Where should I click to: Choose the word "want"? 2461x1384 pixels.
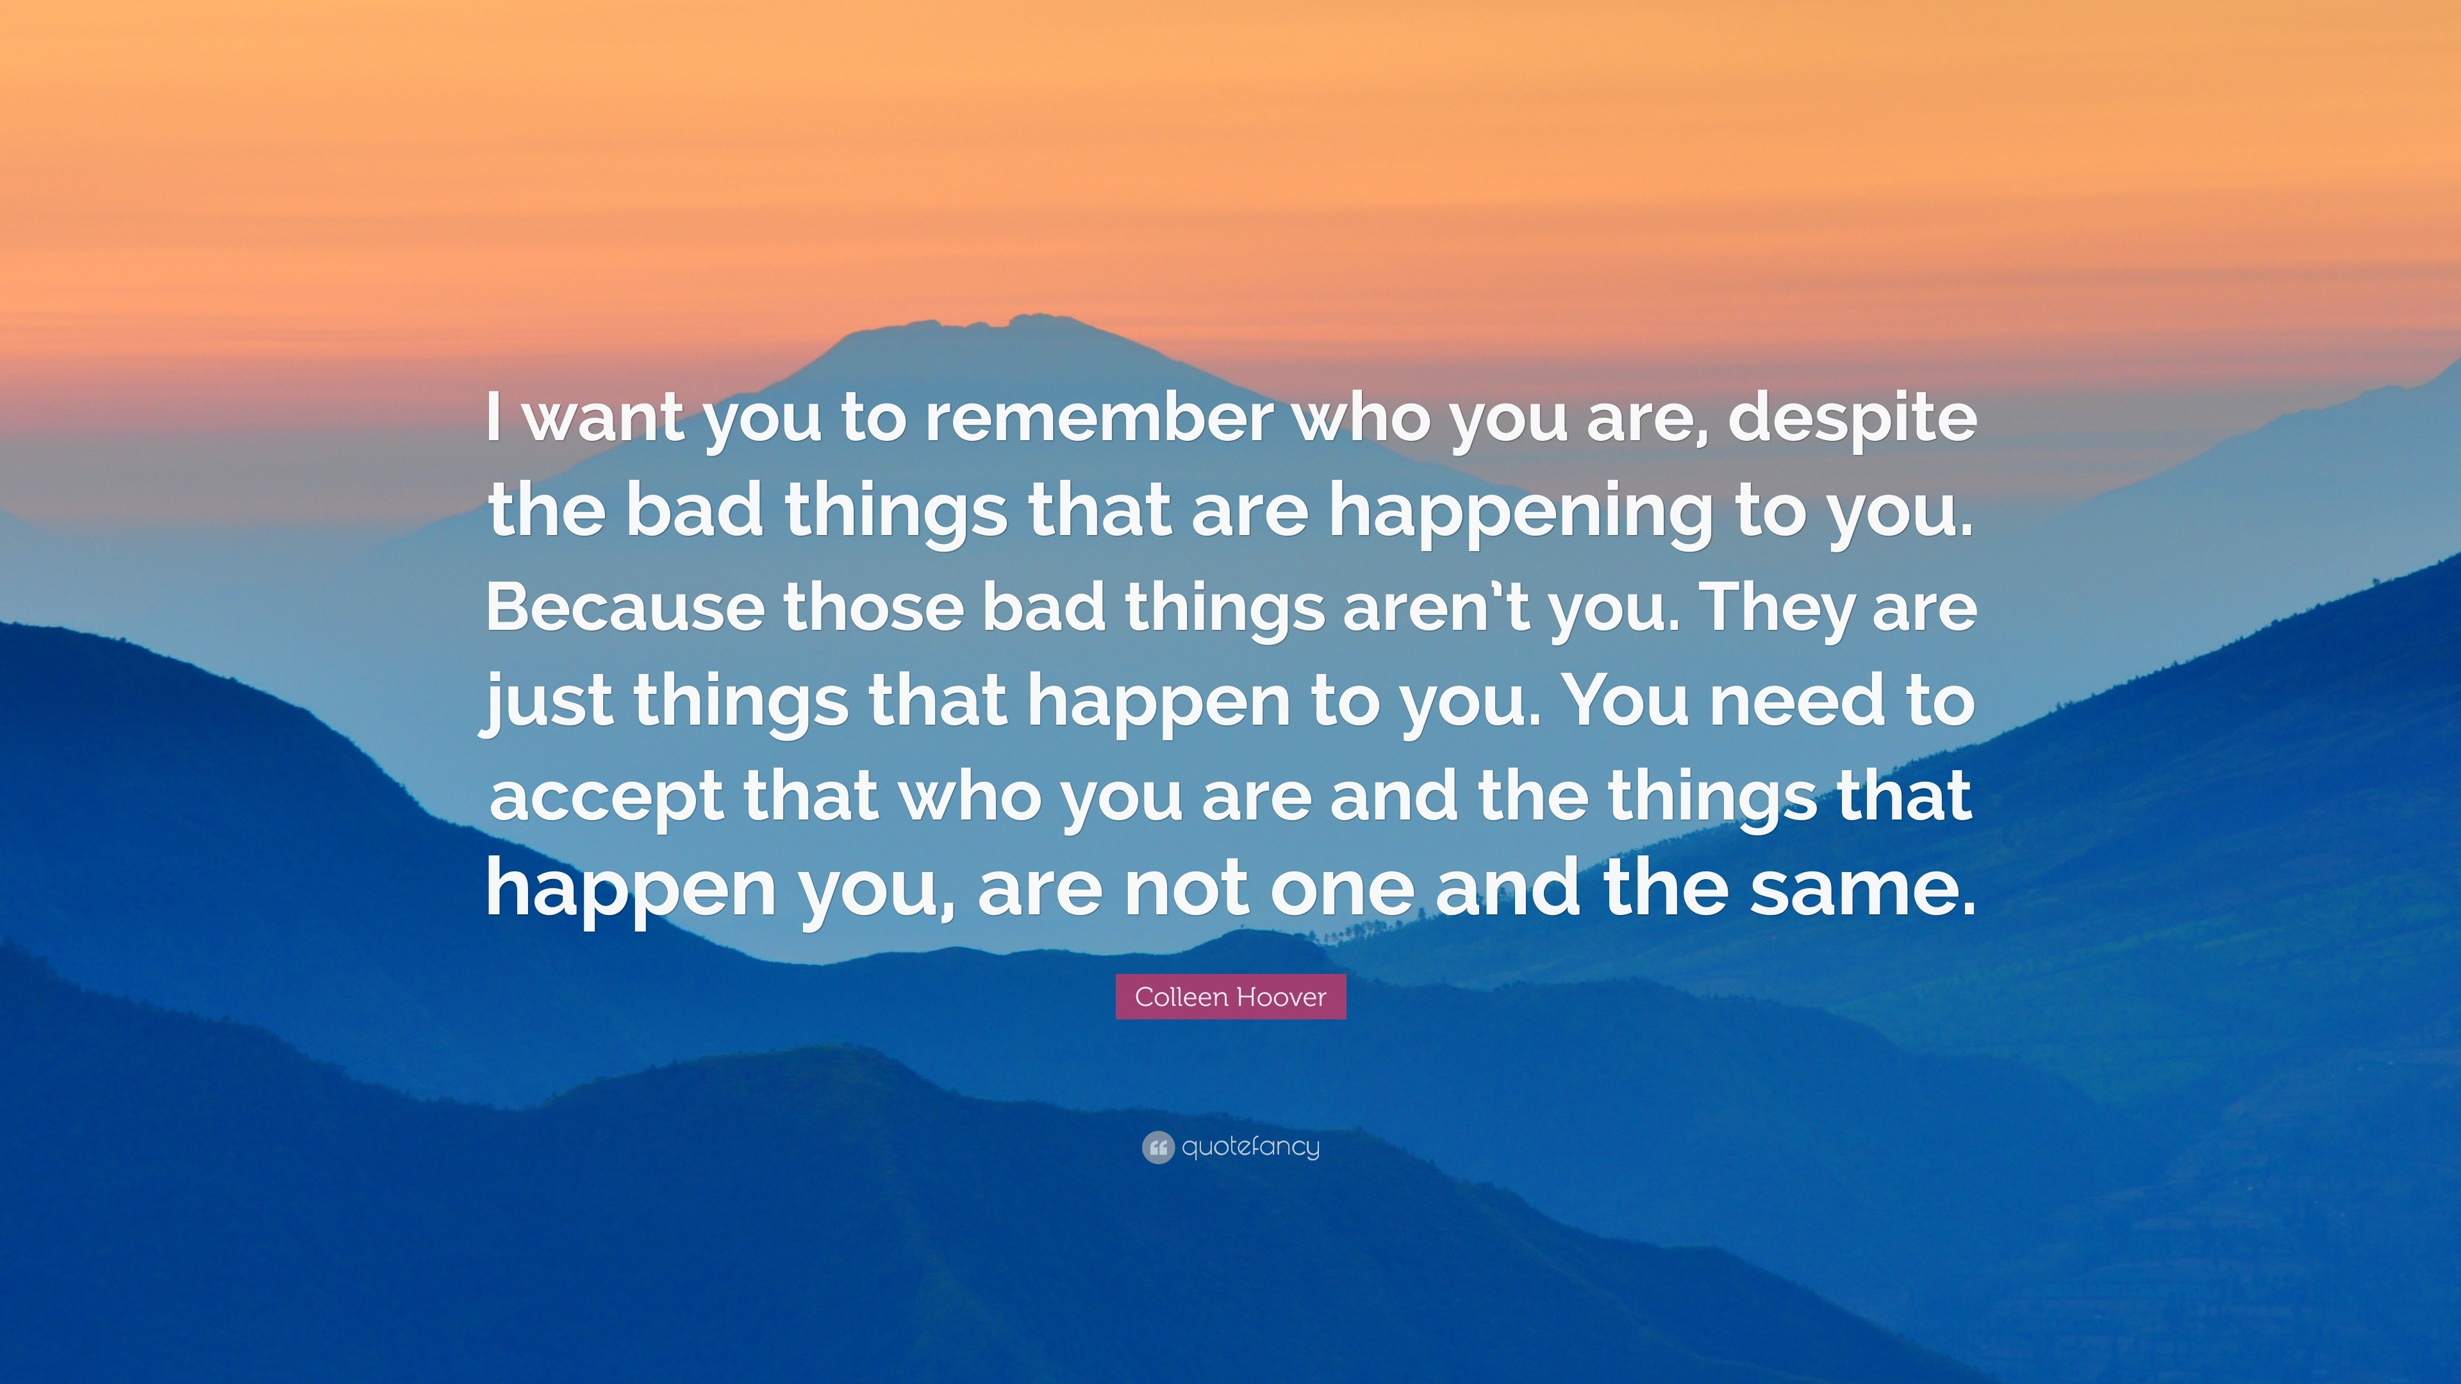point(606,420)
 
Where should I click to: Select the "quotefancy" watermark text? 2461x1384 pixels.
point(1250,1147)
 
